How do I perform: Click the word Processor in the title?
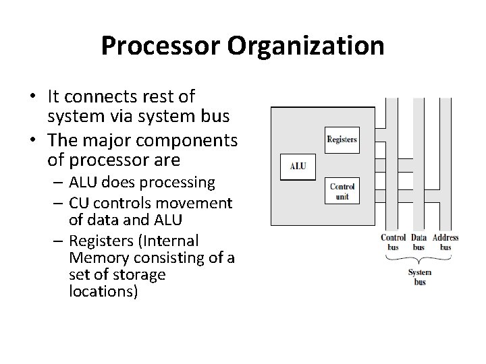(x=161, y=46)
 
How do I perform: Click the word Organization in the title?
(x=307, y=46)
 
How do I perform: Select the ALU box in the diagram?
(x=298, y=166)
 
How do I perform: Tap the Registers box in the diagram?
(x=342, y=140)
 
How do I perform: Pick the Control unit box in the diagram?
(x=342, y=190)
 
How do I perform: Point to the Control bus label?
(x=393, y=242)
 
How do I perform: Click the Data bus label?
(x=419, y=242)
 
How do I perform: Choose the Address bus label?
(x=446, y=242)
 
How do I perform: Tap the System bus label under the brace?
(x=419, y=276)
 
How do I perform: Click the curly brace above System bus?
(x=419, y=260)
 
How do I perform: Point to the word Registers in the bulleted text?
(x=99, y=241)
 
